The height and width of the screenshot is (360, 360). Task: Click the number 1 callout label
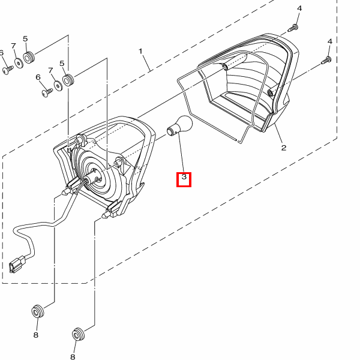coord(142,52)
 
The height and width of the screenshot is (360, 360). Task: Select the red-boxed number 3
coord(184,179)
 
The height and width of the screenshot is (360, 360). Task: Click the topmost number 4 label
coord(300,8)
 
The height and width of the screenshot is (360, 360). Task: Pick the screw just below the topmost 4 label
coord(294,28)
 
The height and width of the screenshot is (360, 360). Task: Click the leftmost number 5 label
coord(26,39)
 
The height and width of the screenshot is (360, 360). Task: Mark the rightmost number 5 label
coord(62,63)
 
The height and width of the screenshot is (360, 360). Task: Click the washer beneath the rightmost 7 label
coord(58,85)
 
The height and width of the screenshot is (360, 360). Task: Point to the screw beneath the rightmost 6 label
coord(47,92)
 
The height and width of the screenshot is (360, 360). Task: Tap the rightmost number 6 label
coord(38,77)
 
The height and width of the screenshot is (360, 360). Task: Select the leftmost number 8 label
coord(35,335)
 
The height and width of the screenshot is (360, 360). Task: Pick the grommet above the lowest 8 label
coord(78,333)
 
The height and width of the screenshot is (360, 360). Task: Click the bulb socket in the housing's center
coord(96,175)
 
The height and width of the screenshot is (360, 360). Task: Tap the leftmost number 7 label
coord(13,46)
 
